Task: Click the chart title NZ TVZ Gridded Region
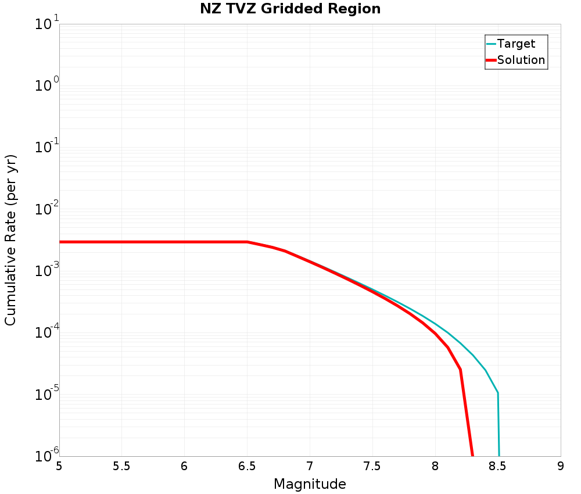click(290, 9)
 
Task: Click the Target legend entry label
click(516, 44)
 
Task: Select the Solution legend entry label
click(521, 60)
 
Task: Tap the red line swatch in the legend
click(491, 60)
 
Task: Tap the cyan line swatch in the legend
click(491, 44)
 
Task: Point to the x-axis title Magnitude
click(310, 484)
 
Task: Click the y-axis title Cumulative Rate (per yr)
click(10, 240)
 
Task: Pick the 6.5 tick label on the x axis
click(247, 466)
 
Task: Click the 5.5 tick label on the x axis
click(121, 466)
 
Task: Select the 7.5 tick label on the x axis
click(372, 466)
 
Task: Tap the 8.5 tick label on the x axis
click(498, 466)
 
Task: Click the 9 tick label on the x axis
click(561, 466)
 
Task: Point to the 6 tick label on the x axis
click(184, 466)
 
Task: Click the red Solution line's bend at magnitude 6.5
click(248, 242)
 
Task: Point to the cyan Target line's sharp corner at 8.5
click(498, 393)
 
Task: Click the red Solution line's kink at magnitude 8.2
click(460, 369)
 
